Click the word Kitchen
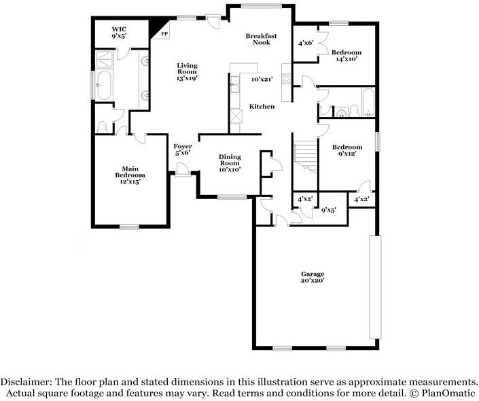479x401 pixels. (x=262, y=107)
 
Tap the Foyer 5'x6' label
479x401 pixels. (x=182, y=150)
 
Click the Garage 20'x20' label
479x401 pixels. (x=313, y=277)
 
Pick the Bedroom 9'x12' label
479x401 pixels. (x=347, y=151)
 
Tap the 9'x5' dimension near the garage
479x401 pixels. (x=329, y=210)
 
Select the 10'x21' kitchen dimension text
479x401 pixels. (x=262, y=80)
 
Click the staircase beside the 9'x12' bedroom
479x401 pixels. (x=305, y=156)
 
